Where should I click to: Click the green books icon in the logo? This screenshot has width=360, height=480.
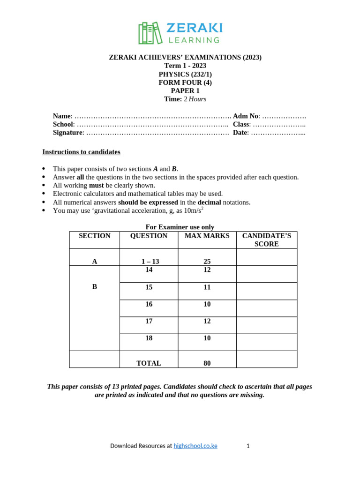pos(150,33)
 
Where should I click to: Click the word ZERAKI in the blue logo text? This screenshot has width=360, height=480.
pos(194,28)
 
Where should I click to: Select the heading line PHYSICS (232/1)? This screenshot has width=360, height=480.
pos(185,74)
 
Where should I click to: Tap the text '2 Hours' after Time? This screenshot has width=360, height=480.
pos(195,99)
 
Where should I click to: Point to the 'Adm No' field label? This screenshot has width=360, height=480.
pos(246,116)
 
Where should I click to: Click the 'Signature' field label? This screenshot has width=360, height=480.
pos(67,133)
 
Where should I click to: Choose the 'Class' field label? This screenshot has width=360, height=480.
pos(241,124)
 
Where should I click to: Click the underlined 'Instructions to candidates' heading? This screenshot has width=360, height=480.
pos(81,152)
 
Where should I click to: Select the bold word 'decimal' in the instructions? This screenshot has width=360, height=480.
pos(209,202)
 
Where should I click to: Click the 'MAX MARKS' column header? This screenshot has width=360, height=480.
pos(207,236)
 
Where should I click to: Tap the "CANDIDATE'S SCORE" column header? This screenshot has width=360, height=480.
pos(266,240)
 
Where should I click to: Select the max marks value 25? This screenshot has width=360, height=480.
pos(207,262)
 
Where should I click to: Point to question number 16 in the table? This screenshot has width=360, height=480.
pos(149,304)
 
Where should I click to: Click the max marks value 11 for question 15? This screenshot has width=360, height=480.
pos(207,287)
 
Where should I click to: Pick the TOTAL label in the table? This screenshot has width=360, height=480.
pos(149,363)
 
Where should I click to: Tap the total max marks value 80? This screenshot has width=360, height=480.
pos(207,363)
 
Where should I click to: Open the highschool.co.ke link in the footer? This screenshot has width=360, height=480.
pos(195,446)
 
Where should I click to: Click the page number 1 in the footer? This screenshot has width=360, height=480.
pos(248,446)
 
